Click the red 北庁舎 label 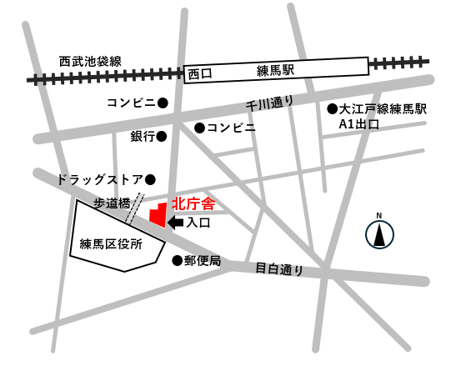(193, 203)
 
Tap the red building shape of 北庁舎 (157, 214)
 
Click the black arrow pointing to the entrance (176, 223)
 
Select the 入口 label (198, 223)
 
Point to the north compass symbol (378, 233)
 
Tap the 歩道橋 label (110, 203)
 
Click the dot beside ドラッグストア (151, 179)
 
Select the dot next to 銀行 (163, 135)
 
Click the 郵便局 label (203, 261)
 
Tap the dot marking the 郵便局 (177, 261)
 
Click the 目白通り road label (279, 269)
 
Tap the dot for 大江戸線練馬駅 (332, 109)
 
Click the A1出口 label (358, 124)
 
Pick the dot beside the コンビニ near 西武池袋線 (163, 103)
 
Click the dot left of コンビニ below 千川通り (199, 128)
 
